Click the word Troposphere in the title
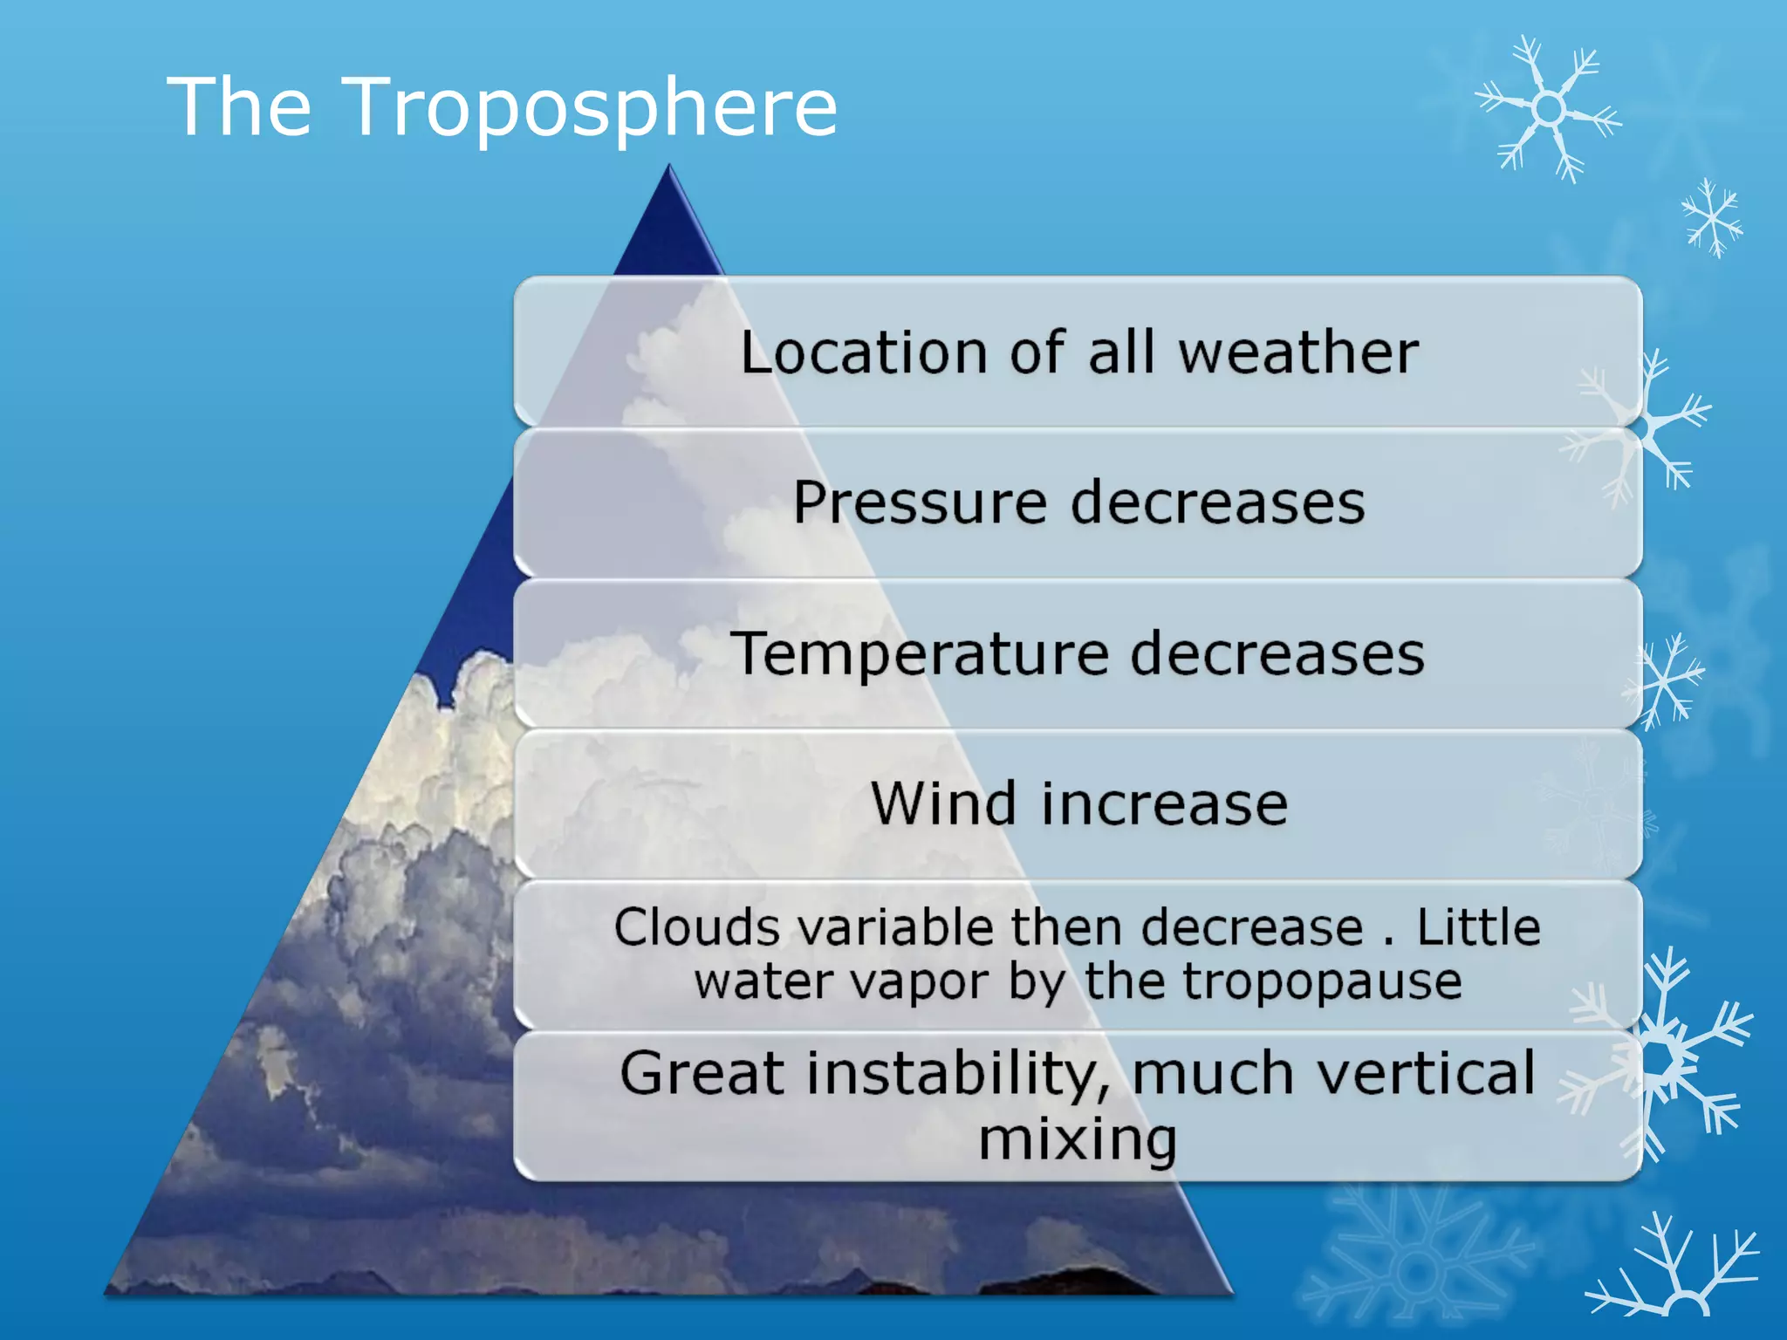click(592, 108)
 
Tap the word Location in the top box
click(864, 352)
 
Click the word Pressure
click(920, 503)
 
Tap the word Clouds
click(696, 926)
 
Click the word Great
click(702, 1073)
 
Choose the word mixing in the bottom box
click(1078, 1138)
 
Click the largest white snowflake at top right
click(1549, 110)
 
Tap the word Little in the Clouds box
click(1478, 926)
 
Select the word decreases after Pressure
click(1217, 503)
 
